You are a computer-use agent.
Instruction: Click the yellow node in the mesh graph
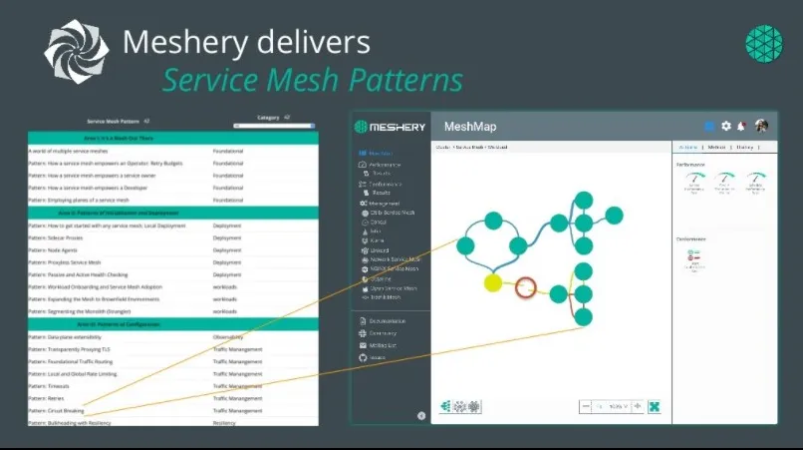point(493,282)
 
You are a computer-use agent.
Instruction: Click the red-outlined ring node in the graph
point(526,290)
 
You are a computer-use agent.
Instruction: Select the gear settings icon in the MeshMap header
point(726,126)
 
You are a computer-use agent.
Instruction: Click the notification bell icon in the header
point(742,126)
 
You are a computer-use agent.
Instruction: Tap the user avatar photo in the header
point(761,126)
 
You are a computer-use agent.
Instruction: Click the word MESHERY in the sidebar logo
point(397,128)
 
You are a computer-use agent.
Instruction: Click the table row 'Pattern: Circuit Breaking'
point(57,410)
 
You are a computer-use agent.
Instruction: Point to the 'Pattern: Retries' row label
point(47,398)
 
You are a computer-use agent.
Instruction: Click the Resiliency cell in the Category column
point(226,423)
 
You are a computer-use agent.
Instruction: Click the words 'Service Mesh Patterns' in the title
point(313,80)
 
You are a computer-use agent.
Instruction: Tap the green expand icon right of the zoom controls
point(655,407)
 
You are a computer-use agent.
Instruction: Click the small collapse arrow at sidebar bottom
point(420,415)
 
